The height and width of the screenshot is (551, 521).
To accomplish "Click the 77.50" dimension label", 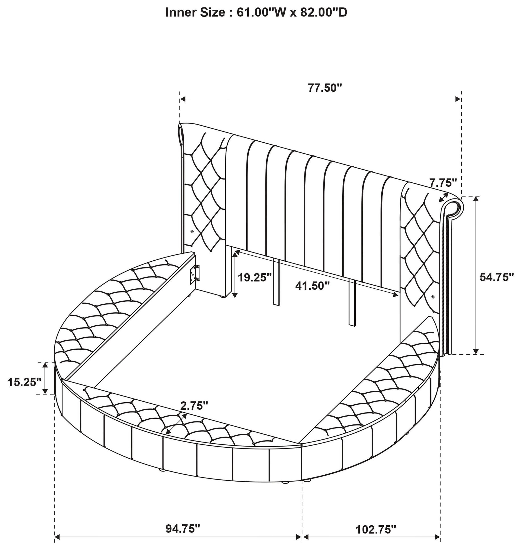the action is [x=324, y=88].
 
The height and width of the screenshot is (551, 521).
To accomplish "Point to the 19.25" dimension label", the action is [x=255, y=277].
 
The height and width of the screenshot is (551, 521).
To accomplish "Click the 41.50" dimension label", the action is [x=312, y=285].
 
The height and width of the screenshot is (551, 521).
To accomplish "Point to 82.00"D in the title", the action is [x=324, y=13].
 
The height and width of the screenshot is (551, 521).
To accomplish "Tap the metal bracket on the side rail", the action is [x=195, y=274].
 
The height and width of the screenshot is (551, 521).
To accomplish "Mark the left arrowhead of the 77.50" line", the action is [x=183, y=99].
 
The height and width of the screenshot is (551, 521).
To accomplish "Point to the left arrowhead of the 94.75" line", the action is [x=57, y=537].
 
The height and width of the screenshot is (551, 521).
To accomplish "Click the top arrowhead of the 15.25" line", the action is [x=45, y=365].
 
